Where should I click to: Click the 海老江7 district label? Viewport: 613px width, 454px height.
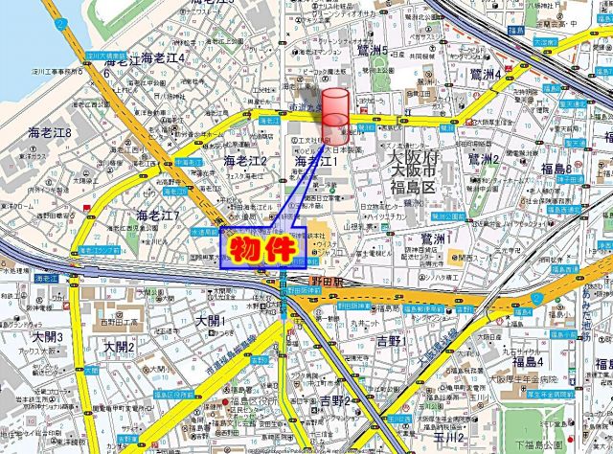coord(158,215)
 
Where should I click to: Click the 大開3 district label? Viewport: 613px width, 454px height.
coord(47,337)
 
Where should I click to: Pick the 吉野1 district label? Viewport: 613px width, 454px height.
coord(392,340)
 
